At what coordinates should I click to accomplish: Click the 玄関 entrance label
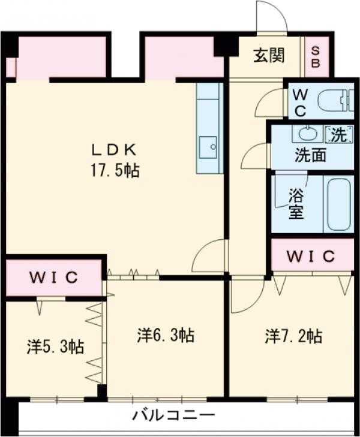[x=268, y=56]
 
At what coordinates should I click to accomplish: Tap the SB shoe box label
[x=316, y=57]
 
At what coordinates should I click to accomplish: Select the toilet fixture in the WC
[x=333, y=101]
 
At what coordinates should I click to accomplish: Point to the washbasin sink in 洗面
[x=307, y=133]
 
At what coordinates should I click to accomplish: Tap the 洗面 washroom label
[x=310, y=155]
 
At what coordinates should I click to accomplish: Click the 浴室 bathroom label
[x=295, y=203]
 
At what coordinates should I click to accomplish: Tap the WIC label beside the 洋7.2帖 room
[x=310, y=256]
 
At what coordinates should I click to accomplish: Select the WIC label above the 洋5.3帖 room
[x=53, y=278]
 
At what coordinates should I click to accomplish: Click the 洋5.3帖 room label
[x=55, y=346]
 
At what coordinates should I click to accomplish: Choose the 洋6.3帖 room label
[x=165, y=335]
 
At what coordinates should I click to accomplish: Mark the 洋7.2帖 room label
[x=293, y=336]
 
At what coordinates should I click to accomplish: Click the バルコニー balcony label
[x=173, y=415]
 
